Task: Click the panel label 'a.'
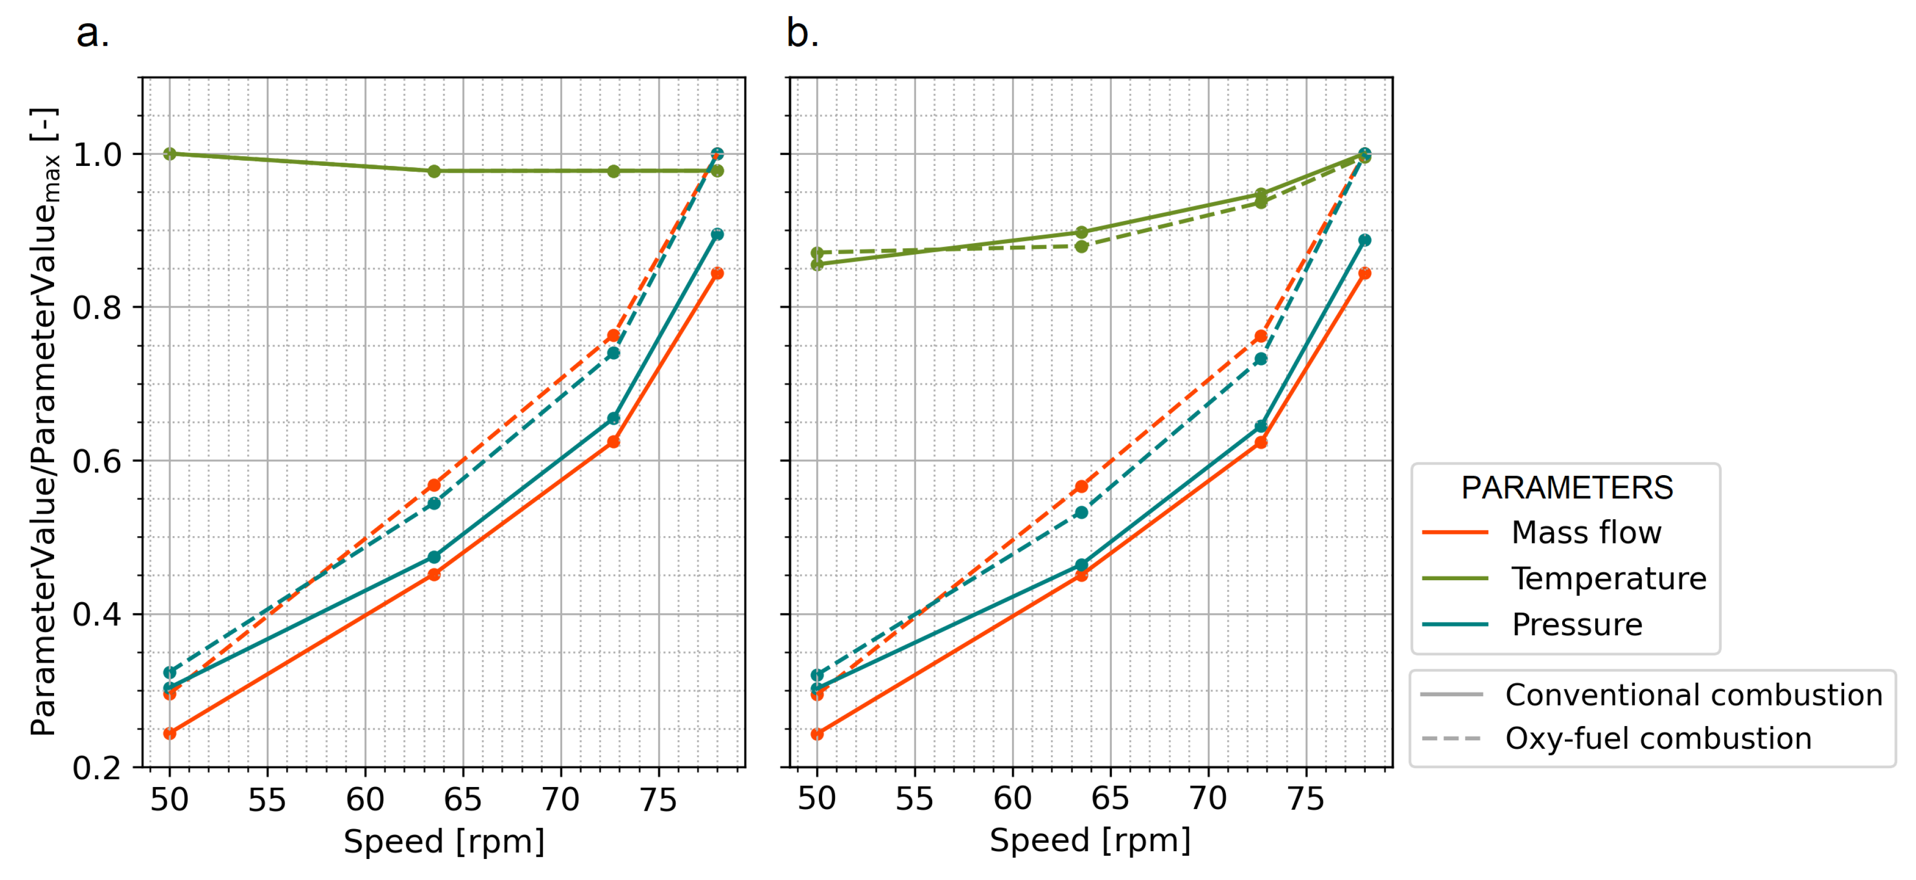tap(92, 34)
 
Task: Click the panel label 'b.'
tap(803, 34)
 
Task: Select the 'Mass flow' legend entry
tap(1586, 532)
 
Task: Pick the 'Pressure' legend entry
tap(1577, 625)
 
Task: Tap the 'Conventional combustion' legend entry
tap(1693, 695)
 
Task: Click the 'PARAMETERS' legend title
tap(1566, 488)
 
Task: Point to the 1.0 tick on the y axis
tap(97, 155)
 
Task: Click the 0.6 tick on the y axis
tap(97, 461)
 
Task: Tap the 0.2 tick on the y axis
tap(97, 768)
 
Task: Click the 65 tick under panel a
tap(462, 800)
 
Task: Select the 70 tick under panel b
tap(1208, 799)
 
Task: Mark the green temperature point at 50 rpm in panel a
tap(170, 154)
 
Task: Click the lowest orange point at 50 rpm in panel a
tap(170, 734)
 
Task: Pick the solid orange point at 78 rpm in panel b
tap(1364, 273)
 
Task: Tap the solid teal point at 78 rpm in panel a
tap(717, 234)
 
